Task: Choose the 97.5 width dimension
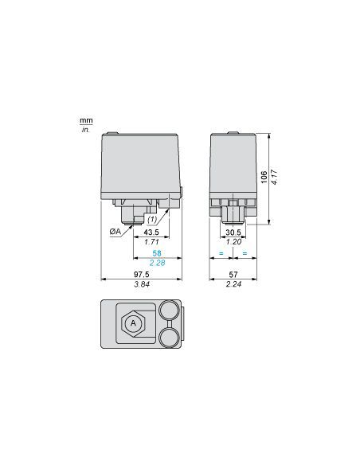click(x=143, y=275)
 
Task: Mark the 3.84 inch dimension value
click(x=143, y=284)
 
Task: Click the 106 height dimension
click(x=264, y=176)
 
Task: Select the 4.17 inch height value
click(x=274, y=176)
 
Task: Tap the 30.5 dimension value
click(x=233, y=232)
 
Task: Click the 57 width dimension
click(x=233, y=275)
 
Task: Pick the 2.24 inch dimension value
click(x=233, y=284)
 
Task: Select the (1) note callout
click(x=154, y=219)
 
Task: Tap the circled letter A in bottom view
click(x=133, y=323)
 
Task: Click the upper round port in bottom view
click(x=168, y=311)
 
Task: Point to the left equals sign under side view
click(x=221, y=253)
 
